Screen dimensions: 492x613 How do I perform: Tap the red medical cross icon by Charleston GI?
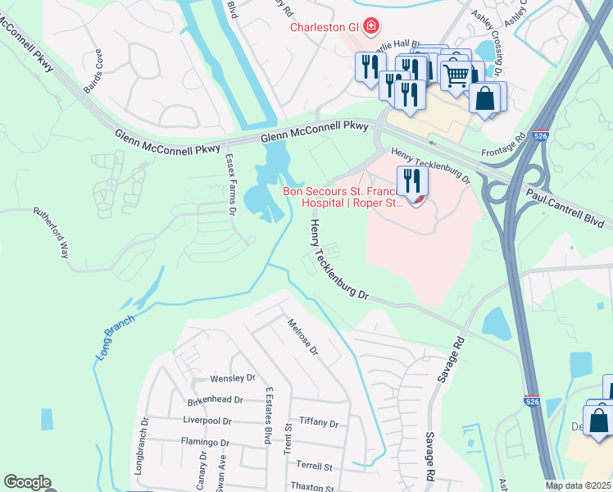[x=371, y=27]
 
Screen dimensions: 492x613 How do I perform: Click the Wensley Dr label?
[x=234, y=378]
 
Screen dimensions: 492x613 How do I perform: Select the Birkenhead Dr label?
[x=216, y=400]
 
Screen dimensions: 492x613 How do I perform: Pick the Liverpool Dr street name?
[x=208, y=421]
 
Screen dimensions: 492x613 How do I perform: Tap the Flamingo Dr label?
[x=205, y=442]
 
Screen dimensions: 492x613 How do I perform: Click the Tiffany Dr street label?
[x=319, y=422]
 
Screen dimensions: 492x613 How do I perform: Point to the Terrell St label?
[x=314, y=465]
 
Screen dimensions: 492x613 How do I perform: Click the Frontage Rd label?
[x=509, y=144]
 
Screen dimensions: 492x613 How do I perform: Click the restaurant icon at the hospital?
[x=412, y=180]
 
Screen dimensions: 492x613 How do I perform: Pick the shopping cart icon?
[x=456, y=75]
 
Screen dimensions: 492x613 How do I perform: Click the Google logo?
[x=27, y=482]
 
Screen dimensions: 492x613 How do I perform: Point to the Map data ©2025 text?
[x=579, y=485]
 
